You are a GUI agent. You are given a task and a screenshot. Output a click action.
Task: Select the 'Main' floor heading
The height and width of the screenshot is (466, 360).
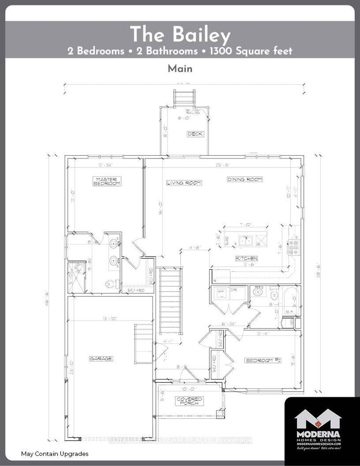point(180,69)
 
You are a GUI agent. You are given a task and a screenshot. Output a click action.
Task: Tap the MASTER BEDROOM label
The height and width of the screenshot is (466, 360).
point(107,181)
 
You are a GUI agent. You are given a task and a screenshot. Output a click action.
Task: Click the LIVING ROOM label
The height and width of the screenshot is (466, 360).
point(184,183)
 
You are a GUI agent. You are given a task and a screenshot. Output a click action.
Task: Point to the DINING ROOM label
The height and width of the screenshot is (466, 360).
point(244,179)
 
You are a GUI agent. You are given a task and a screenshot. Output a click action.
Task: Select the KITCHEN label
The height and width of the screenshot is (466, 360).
point(247,258)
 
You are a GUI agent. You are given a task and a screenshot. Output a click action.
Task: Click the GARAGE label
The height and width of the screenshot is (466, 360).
point(100,358)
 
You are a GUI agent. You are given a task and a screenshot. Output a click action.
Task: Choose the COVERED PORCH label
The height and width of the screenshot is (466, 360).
point(189,401)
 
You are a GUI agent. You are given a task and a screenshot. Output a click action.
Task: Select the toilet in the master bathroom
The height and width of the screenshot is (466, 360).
point(111,284)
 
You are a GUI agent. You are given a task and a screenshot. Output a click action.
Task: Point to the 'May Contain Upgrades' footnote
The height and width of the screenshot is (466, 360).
point(54,453)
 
